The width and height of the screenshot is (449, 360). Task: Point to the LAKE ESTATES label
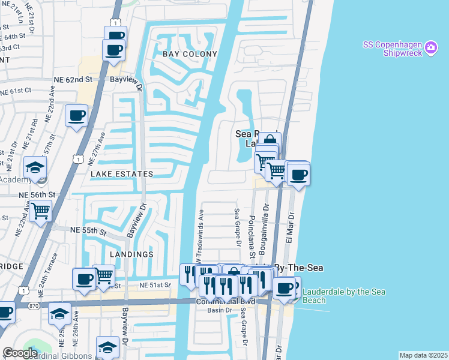[122, 174]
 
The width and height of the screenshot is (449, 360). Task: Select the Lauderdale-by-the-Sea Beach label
[344, 296]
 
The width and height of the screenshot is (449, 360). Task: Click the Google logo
[20, 353]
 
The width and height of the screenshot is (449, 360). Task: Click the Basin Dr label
[219, 310]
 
